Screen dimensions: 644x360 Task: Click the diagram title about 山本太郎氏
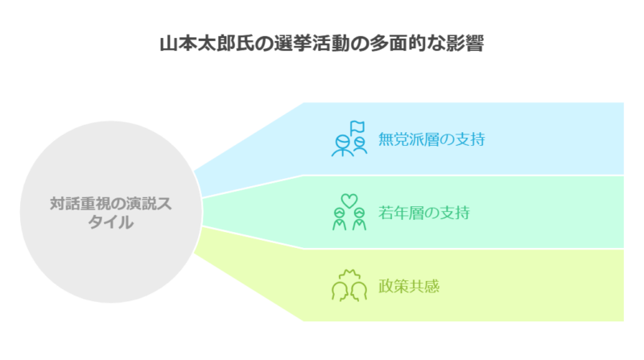click(321, 43)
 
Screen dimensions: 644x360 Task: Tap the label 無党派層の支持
click(431, 139)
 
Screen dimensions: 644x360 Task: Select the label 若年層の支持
click(424, 213)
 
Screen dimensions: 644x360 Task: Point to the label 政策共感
click(409, 286)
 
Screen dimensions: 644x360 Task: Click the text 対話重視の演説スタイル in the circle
click(111, 213)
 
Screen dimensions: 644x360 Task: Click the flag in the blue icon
click(357, 127)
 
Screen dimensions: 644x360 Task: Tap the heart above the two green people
click(349, 201)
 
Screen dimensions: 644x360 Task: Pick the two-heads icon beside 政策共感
click(349, 286)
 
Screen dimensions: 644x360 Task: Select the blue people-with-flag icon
click(349, 139)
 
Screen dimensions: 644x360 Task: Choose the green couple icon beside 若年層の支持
click(349, 212)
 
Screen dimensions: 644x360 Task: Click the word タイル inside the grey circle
click(111, 222)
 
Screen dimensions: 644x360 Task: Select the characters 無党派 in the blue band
click(401, 139)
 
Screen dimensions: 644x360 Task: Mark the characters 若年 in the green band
click(394, 213)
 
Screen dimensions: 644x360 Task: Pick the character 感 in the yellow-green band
click(432, 286)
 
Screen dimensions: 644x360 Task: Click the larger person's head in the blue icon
click(343, 143)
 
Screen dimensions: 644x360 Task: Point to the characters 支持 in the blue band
click(470, 139)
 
